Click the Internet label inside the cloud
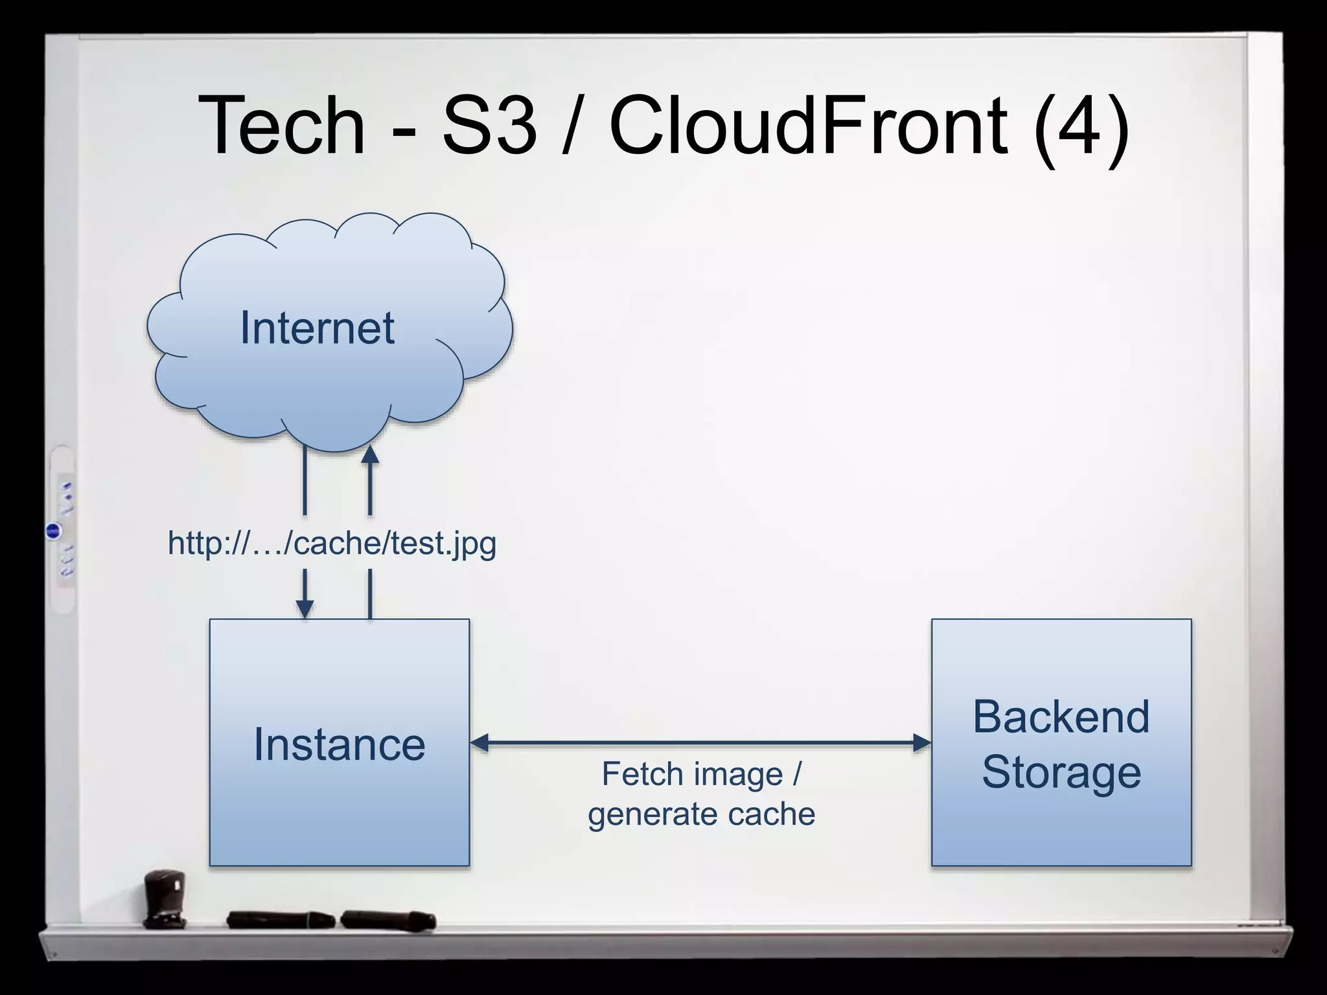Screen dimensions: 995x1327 [317, 328]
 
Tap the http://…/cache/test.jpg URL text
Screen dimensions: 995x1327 [332, 543]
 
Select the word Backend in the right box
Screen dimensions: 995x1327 [1061, 717]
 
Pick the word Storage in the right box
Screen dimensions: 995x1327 [1061, 772]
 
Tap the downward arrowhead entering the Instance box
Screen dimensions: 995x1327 [305, 609]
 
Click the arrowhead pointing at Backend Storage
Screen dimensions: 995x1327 [921, 742]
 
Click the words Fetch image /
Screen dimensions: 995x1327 [701, 774]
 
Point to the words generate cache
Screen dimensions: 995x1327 [701, 814]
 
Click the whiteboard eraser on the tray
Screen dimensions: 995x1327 [165, 897]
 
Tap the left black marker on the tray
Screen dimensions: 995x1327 [280, 919]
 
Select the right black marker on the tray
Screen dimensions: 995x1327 [388, 919]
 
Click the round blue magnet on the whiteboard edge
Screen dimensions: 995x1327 [54, 531]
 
